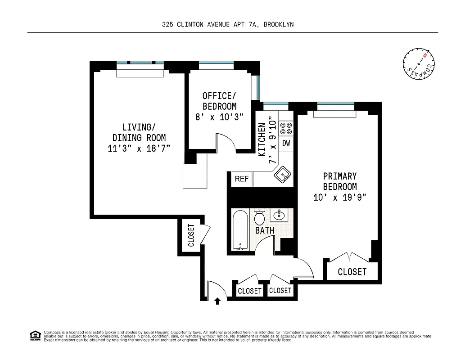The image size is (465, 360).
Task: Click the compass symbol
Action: (x=419, y=63)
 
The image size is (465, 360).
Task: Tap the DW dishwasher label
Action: (x=286, y=144)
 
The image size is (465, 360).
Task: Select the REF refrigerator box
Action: (x=242, y=179)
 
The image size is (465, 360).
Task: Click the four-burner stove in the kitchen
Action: (x=286, y=128)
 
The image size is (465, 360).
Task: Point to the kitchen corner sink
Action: (x=284, y=174)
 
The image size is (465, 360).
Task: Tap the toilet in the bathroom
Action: (x=260, y=218)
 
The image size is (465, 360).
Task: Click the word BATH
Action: (x=265, y=230)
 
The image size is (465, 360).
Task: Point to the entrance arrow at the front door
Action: (x=218, y=301)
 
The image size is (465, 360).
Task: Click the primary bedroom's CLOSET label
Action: (x=352, y=272)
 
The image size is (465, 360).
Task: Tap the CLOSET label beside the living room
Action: (x=191, y=235)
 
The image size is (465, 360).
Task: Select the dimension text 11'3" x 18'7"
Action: (x=139, y=148)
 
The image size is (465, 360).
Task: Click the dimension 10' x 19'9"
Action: (x=340, y=197)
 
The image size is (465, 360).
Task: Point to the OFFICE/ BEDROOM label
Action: (x=220, y=101)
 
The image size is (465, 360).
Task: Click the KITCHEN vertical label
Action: (x=262, y=139)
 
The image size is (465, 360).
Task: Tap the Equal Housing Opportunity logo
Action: (x=35, y=335)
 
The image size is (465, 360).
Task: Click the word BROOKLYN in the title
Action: (x=279, y=25)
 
